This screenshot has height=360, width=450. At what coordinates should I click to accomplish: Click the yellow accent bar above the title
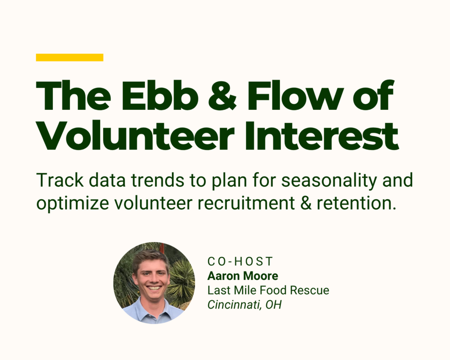point(69,58)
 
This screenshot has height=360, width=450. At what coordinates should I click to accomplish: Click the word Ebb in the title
point(160,95)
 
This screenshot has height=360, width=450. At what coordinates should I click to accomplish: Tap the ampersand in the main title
point(222,95)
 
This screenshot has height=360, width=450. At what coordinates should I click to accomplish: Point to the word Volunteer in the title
point(135,135)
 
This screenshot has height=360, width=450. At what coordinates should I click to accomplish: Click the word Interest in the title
point(322,135)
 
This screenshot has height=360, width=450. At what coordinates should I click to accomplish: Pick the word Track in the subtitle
point(60,180)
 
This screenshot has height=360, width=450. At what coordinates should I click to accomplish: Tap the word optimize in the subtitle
point(73,204)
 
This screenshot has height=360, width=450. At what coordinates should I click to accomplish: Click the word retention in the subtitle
point(356,203)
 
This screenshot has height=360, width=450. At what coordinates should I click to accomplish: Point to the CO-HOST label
point(240,261)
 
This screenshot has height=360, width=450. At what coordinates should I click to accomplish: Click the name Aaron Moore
point(243,276)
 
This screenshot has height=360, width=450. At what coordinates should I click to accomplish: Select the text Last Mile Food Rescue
point(269,290)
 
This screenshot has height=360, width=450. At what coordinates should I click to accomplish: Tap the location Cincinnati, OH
point(244,305)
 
